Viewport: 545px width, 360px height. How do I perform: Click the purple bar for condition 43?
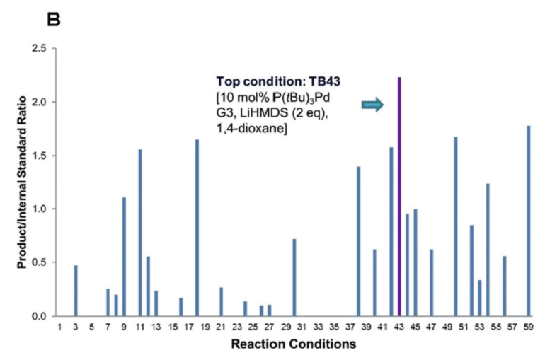399,197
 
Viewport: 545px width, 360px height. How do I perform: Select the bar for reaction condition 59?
528,221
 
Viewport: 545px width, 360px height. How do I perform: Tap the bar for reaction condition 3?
76,291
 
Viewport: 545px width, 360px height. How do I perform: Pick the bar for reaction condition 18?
197,228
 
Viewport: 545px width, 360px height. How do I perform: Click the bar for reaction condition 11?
140,233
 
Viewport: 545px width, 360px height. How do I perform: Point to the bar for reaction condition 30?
294,277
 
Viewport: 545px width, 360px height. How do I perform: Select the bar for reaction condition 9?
124,257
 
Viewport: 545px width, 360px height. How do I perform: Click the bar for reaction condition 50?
456,226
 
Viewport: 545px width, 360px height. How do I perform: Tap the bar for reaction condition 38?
359,241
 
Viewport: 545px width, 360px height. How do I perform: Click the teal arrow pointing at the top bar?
372,105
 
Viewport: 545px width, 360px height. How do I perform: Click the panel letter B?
54,20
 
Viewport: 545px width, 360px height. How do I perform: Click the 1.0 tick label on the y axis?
39,209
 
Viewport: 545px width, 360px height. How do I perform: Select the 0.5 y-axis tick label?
39,262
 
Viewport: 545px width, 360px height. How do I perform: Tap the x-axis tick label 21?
221,327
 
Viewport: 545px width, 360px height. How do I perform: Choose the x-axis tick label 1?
59,327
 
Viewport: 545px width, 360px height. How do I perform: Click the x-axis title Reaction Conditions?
294,344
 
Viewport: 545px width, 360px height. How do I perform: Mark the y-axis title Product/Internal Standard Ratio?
21,182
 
